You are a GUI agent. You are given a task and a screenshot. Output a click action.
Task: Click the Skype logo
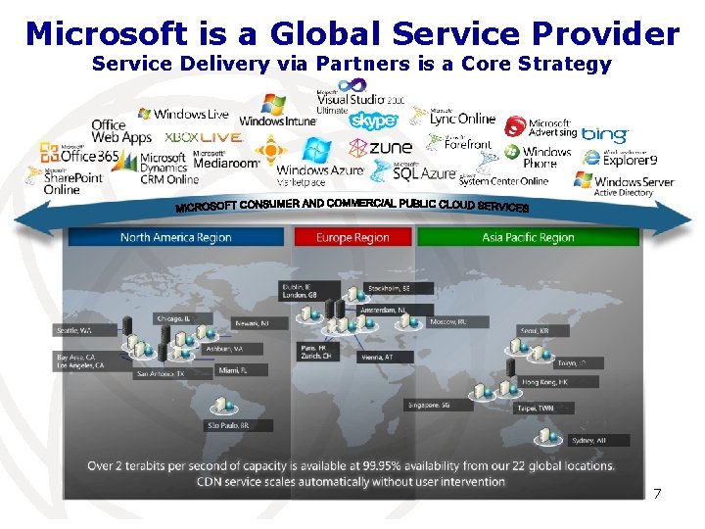(373, 120)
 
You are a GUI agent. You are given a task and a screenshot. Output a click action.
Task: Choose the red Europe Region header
(352, 237)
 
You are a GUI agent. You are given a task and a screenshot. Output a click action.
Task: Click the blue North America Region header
(175, 237)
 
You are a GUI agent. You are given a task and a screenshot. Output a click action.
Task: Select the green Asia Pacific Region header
(528, 237)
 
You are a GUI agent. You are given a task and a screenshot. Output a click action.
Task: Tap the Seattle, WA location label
(74, 330)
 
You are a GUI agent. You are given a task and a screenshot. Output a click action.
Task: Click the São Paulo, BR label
(227, 426)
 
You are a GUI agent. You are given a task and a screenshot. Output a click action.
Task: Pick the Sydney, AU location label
(588, 441)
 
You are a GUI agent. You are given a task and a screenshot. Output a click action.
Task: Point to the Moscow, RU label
(447, 321)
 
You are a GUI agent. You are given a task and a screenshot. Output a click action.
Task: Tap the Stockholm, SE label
(388, 288)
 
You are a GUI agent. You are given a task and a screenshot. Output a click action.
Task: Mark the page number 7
(657, 494)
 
